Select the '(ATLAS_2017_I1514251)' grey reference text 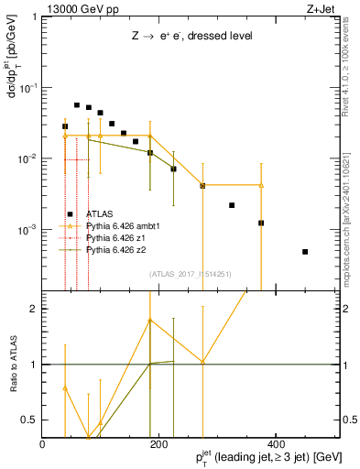190,273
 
